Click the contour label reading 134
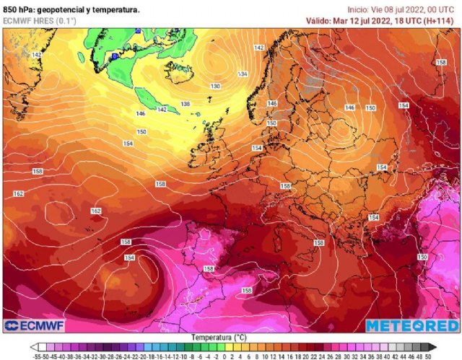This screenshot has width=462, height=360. coord(243,74)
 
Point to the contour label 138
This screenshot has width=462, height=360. coord(186,104)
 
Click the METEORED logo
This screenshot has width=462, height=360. coord(411,325)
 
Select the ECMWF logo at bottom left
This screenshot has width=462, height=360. coord(36,325)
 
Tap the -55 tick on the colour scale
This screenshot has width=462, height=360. coord(36,356)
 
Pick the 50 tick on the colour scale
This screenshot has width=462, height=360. coord(429,356)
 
